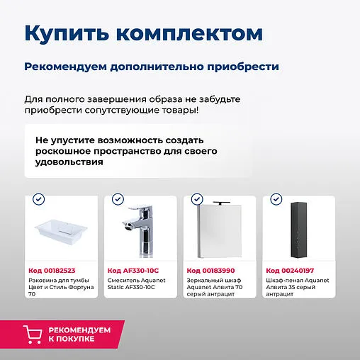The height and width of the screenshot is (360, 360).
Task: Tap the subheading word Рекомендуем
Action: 66,66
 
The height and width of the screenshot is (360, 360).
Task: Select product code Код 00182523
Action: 52,270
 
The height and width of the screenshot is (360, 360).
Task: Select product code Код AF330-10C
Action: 133,270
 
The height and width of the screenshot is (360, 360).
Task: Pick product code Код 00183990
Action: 210,270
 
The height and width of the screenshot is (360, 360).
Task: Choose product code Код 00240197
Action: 290,270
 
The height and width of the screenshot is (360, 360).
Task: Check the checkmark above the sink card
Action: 39,200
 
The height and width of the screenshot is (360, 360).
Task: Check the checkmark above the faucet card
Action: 118,200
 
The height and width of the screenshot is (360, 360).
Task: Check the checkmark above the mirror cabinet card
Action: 197,200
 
